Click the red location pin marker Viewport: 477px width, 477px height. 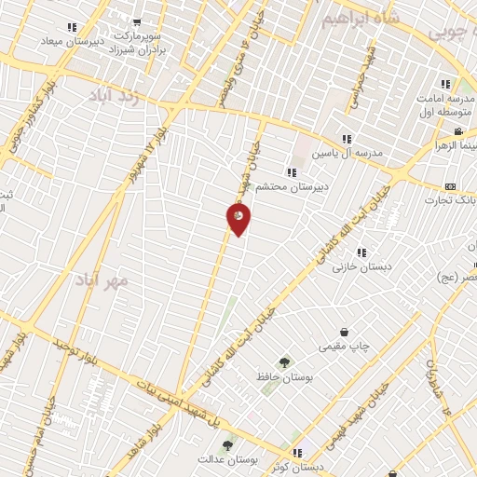point(238,218)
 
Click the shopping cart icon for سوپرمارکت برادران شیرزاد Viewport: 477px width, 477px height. point(137,22)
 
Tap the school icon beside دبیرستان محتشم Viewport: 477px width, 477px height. point(292,172)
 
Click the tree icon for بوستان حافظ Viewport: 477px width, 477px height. point(282,362)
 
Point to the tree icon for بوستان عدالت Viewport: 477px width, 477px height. point(228,444)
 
